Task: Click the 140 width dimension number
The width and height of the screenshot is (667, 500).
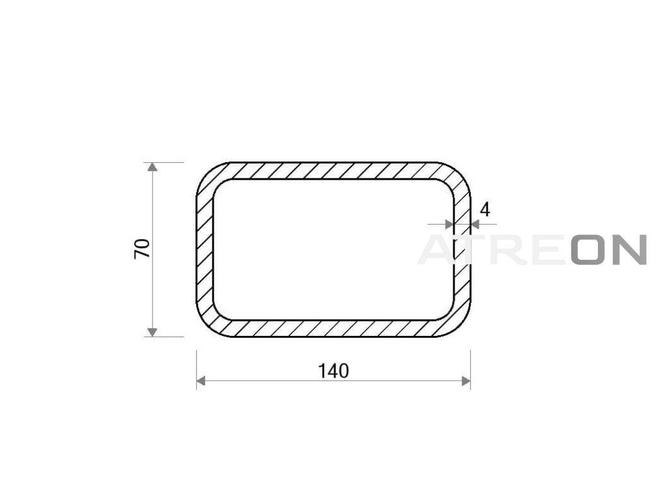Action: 333,371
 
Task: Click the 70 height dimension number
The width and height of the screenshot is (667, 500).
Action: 143,249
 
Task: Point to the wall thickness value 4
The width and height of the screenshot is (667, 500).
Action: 485,210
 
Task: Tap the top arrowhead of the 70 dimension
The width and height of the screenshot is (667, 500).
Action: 152,167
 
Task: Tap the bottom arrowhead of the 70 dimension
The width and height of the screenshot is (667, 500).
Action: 152,332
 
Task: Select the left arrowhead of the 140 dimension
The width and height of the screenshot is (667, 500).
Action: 201,381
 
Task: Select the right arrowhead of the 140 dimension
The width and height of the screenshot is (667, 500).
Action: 466,381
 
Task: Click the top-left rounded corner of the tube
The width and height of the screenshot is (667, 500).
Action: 208,174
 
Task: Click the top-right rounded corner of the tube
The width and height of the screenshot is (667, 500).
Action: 459,174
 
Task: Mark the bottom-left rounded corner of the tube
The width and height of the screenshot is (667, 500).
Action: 208,326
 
